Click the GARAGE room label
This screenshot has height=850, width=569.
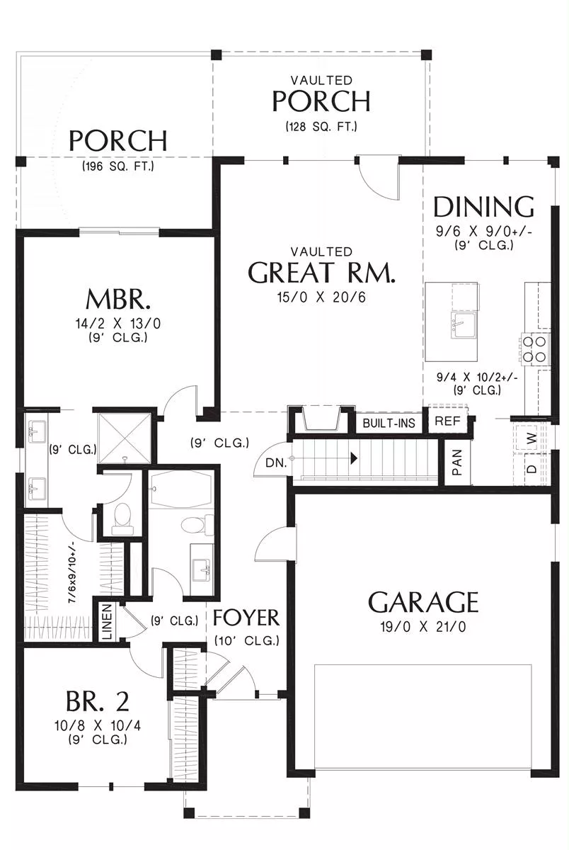pyautogui.click(x=423, y=602)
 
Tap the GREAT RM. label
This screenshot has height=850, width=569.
pyautogui.click(x=321, y=272)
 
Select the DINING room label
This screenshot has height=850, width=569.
pyautogui.click(x=483, y=206)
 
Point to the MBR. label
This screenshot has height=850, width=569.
pyautogui.click(x=118, y=300)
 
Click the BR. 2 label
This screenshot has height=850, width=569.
pyautogui.click(x=98, y=701)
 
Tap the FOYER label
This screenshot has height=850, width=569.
pyautogui.click(x=246, y=618)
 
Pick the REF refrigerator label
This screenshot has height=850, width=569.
pyautogui.click(x=447, y=421)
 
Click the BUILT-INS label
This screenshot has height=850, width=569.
pyautogui.click(x=389, y=423)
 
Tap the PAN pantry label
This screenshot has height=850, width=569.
pyautogui.click(x=457, y=462)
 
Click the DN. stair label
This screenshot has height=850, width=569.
pyautogui.click(x=276, y=463)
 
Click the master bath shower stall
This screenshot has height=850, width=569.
pyautogui.click(x=125, y=438)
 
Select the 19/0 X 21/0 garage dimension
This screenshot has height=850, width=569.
pyautogui.click(x=423, y=627)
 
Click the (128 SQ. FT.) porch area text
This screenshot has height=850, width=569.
pyautogui.click(x=321, y=126)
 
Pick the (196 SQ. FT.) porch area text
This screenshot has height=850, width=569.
pyautogui.click(x=118, y=166)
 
